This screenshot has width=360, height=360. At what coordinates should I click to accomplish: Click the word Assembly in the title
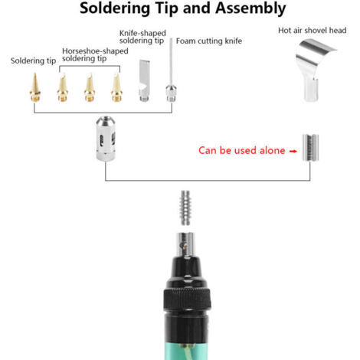(250, 9)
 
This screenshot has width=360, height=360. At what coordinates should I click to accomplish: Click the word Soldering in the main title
(115, 9)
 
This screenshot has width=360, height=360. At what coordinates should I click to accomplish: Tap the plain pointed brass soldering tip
(35, 87)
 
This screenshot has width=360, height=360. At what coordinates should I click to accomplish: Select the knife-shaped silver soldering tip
(144, 80)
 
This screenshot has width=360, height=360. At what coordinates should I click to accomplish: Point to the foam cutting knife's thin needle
(171, 61)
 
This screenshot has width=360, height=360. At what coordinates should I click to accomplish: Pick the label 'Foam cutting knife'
(209, 41)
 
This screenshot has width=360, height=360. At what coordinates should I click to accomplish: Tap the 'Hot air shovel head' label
(313, 31)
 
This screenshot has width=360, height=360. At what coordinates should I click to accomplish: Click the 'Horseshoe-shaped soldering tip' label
(95, 54)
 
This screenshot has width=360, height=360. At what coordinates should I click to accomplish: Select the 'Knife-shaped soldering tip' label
(142, 37)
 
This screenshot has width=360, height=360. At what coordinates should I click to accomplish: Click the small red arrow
(293, 151)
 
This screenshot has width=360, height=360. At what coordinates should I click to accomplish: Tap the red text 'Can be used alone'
(241, 150)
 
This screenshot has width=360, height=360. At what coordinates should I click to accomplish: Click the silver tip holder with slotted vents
(106, 139)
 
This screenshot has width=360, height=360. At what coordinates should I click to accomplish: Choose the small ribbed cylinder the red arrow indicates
(310, 148)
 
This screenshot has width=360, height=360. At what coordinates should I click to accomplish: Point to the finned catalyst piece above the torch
(185, 208)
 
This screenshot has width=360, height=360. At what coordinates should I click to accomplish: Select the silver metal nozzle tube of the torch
(186, 244)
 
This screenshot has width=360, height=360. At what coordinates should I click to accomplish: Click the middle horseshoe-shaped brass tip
(90, 87)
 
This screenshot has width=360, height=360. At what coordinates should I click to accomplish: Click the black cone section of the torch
(186, 273)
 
